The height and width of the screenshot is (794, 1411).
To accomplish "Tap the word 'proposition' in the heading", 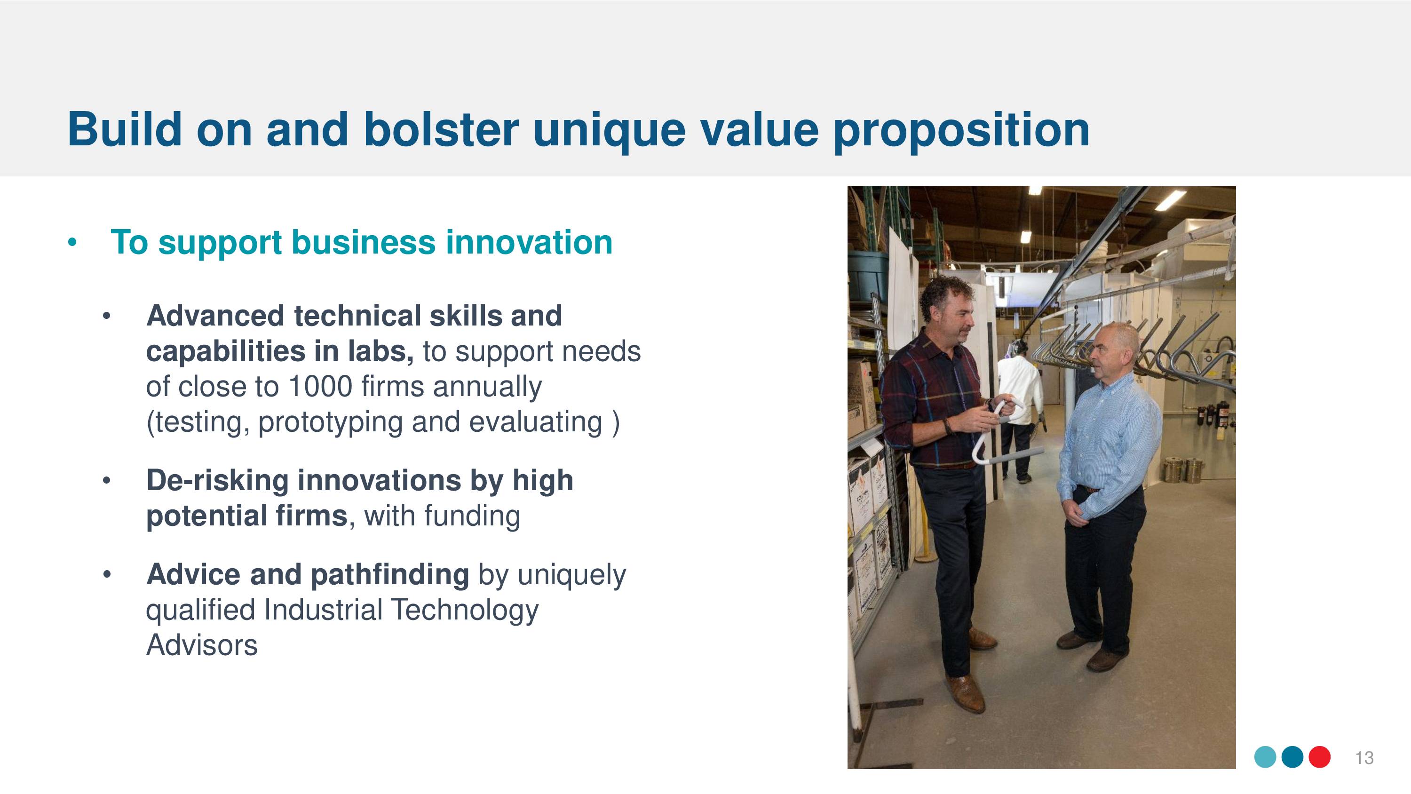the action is tap(961, 132).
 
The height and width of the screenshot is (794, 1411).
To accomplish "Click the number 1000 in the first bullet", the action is tap(320, 386).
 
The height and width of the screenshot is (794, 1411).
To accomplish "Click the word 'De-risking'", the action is tap(217, 481).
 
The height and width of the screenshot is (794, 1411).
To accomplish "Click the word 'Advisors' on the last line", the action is tap(202, 645).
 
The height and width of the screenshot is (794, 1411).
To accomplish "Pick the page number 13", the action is tap(1364, 758).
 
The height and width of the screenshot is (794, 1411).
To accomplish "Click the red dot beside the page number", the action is tap(1320, 757).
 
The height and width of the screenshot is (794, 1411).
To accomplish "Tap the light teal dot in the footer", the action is tap(1265, 757).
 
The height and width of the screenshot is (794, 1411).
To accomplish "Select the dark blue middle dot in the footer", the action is tap(1292, 757).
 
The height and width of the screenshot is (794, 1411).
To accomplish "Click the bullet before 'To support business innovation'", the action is tap(72, 243).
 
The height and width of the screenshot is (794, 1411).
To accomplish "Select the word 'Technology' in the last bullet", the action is tap(465, 611).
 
